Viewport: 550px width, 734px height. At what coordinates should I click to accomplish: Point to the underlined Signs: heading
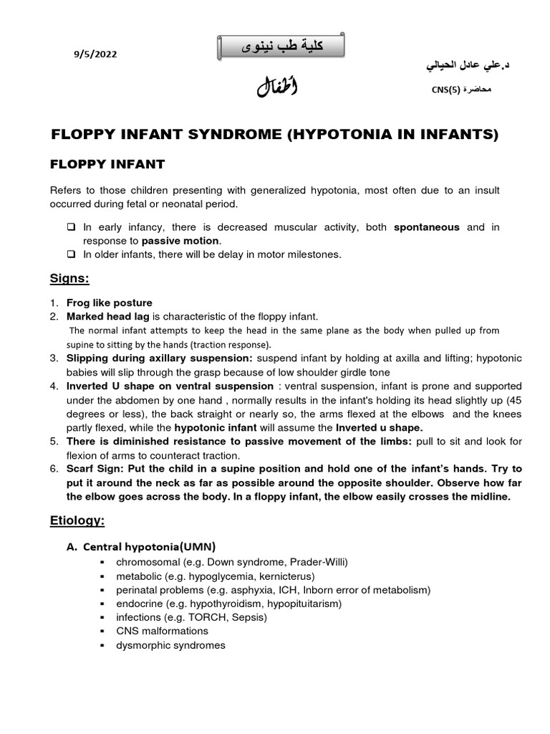[69, 277]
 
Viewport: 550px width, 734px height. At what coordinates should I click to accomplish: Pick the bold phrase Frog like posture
[109, 302]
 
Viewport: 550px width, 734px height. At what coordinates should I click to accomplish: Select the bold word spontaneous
[427, 227]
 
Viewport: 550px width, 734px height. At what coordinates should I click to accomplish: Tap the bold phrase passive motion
[181, 240]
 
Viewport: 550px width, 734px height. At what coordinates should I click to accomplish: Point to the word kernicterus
[286, 576]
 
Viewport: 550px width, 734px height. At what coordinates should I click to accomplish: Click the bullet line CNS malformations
[162, 631]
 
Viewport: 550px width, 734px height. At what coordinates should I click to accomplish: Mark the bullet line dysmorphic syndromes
[170, 645]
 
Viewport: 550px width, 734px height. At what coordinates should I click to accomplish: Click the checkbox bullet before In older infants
[72, 254]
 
